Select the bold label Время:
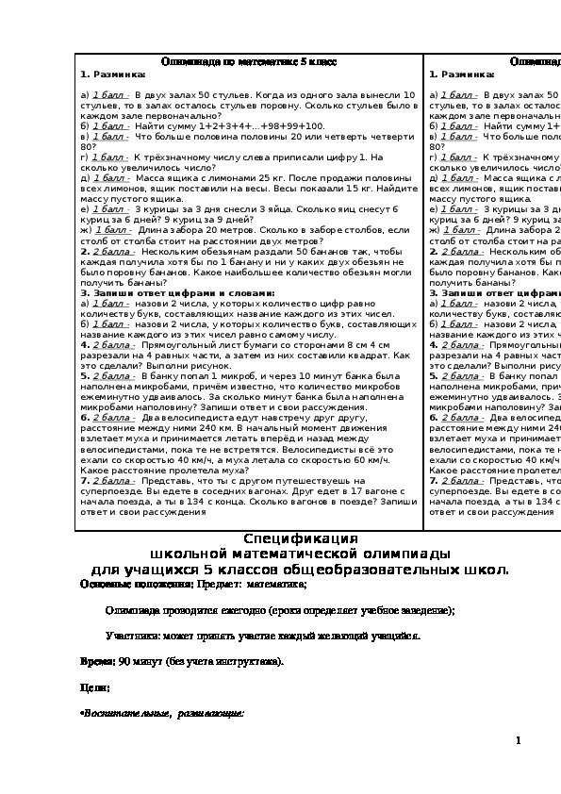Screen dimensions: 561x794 pos(97,662)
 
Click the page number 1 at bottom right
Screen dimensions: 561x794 pos(519,741)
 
